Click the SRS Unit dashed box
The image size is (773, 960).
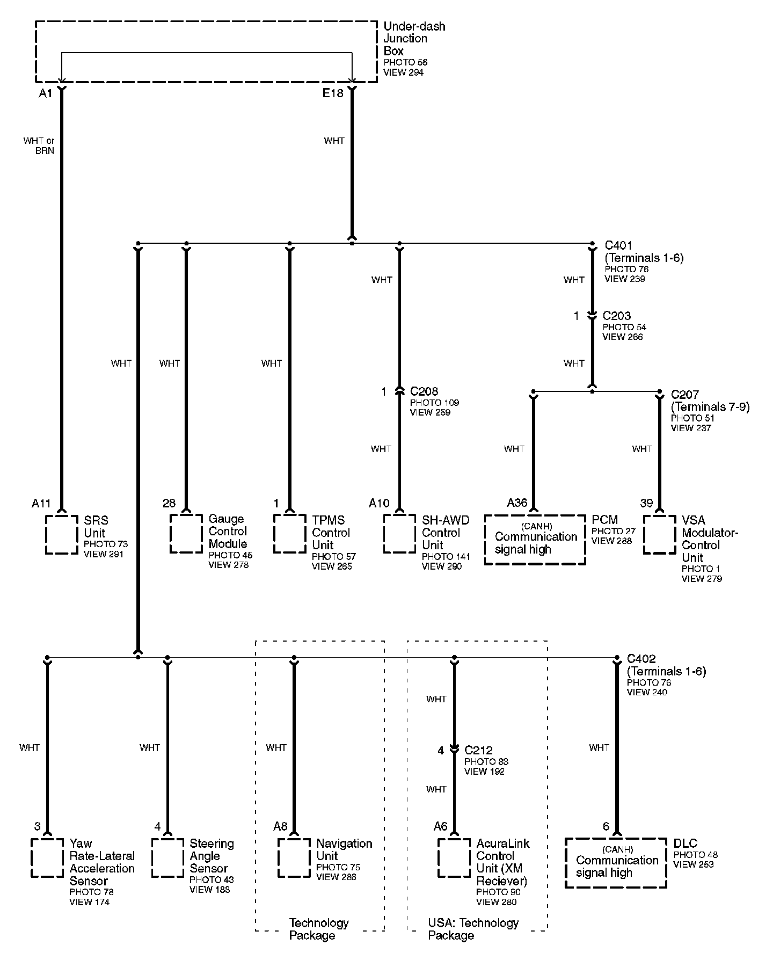(62, 535)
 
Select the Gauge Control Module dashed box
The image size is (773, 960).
(186, 533)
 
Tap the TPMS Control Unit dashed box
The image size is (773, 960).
(290, 533)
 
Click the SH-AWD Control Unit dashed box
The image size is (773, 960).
(399, 534)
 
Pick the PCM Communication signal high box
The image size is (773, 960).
(535, 540)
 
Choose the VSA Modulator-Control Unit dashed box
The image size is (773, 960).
(660, 534)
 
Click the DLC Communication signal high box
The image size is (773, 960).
(616, 863)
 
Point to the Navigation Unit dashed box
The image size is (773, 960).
(294, 857)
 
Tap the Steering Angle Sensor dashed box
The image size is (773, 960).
(167, 857)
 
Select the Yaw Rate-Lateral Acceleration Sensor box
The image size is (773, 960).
(47, 857)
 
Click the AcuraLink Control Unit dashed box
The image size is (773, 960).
(454, 857)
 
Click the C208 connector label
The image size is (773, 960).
(424, 391)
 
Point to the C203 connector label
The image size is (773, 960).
(617, 316)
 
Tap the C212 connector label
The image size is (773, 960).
(479, 750)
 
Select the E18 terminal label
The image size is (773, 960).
(333, 93)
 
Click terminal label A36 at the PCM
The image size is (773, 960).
(517, 503)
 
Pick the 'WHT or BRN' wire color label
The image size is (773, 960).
(39, 146)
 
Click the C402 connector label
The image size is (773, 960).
(641, 659)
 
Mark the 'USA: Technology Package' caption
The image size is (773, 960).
(473, 929)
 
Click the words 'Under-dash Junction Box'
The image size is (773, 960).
(414, 39)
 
